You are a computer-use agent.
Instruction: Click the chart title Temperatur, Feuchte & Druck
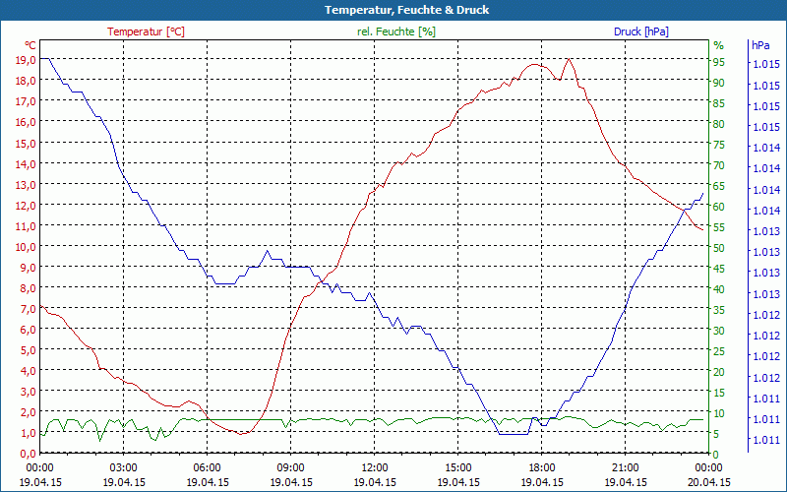(393, 10)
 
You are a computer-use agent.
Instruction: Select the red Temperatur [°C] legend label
(146, 31)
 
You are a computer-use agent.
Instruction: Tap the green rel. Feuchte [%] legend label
(396, 31)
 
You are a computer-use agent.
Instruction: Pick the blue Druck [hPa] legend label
(640, 31)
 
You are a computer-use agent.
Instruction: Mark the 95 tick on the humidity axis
(719, 62)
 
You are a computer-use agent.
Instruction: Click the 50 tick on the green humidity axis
(719, 248)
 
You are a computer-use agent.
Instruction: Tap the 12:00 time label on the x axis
(375, 467)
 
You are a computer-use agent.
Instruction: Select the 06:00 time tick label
(207, 467)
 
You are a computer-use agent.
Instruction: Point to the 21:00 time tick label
(626, 467)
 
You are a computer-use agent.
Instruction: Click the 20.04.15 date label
(709, 482)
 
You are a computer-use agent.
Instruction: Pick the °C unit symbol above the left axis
(30, 45)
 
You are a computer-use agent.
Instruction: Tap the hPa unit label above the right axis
(760, 45)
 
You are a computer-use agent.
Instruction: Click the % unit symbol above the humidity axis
(719, 45)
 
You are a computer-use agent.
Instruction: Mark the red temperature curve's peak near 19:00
(569, 59)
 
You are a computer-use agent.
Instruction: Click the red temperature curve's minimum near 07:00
(242, 433)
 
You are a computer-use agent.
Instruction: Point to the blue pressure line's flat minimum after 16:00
(514, 433)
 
